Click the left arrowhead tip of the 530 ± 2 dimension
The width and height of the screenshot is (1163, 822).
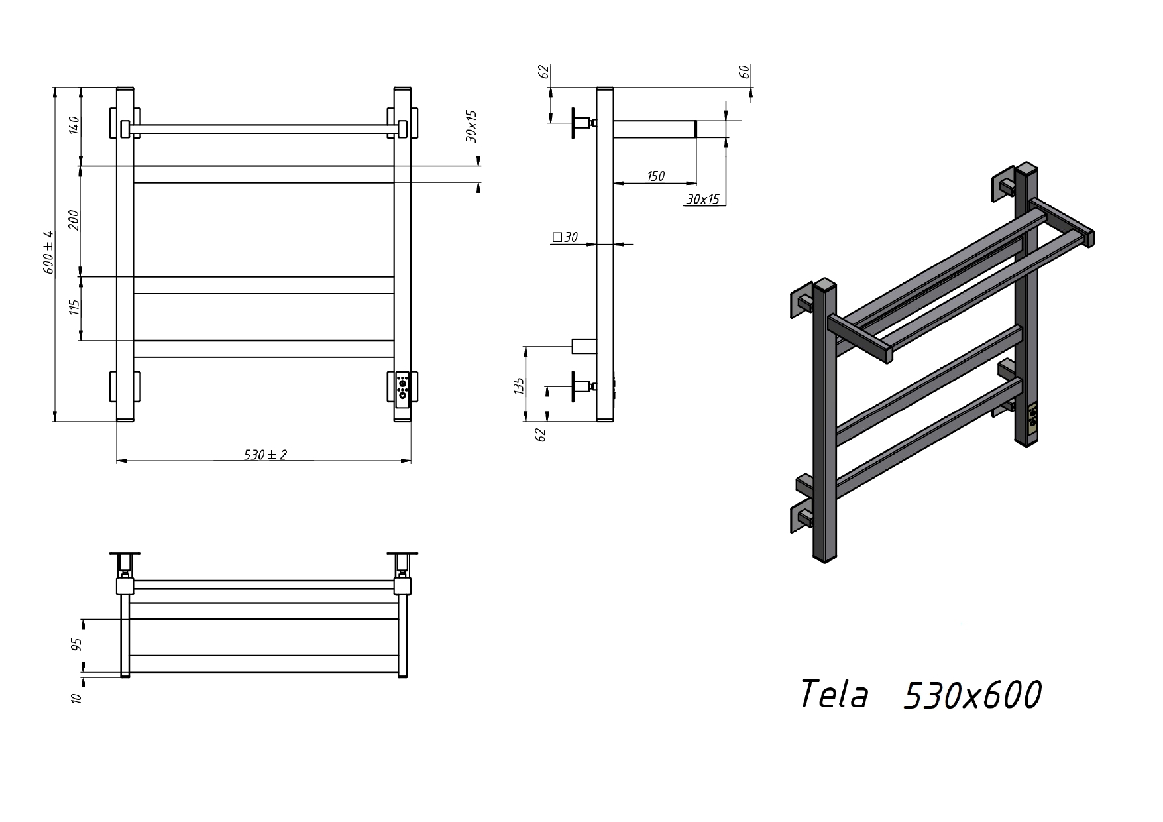coord(117,460)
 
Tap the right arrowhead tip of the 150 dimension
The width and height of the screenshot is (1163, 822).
coord(696,183)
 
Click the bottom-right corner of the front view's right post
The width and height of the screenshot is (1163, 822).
coord(411,422)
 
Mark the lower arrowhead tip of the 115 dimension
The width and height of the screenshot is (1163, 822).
coord(81,341)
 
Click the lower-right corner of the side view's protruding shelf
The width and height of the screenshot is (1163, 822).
coord(696,137)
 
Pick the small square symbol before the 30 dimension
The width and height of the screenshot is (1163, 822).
coord(557,237)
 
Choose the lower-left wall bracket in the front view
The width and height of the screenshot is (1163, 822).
coord(125,386)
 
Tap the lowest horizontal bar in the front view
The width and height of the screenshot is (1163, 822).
coord(264,349)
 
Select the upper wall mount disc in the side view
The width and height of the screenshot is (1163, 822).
coord(573,122)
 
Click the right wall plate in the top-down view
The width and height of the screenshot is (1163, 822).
coord(402,554)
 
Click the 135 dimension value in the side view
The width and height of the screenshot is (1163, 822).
coord(519,386)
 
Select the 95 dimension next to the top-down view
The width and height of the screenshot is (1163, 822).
coord(76,644)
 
